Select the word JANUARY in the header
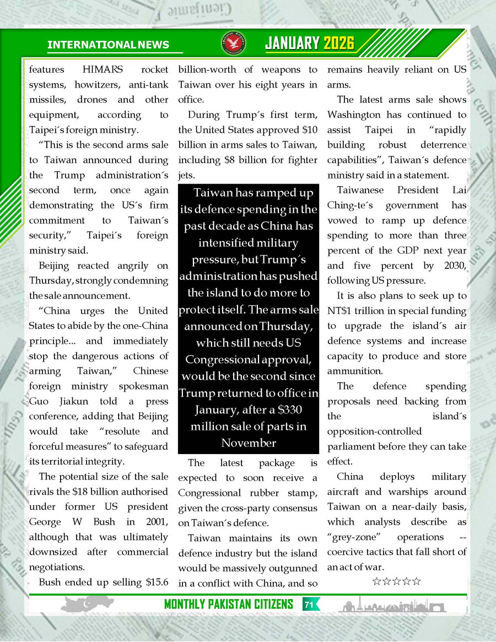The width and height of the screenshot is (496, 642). [293, 44]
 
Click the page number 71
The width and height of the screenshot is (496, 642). [309, 605]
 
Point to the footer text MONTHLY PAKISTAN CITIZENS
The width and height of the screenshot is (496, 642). [229, 605]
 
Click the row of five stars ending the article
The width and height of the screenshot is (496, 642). [397, 581]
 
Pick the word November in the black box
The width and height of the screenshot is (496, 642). [249, 443]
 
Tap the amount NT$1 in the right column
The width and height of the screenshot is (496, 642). [342, 311]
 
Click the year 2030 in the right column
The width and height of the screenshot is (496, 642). [454, 266]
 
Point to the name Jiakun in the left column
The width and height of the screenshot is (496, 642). [70, 401]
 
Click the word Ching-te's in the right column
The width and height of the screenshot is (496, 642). [351, 206]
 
